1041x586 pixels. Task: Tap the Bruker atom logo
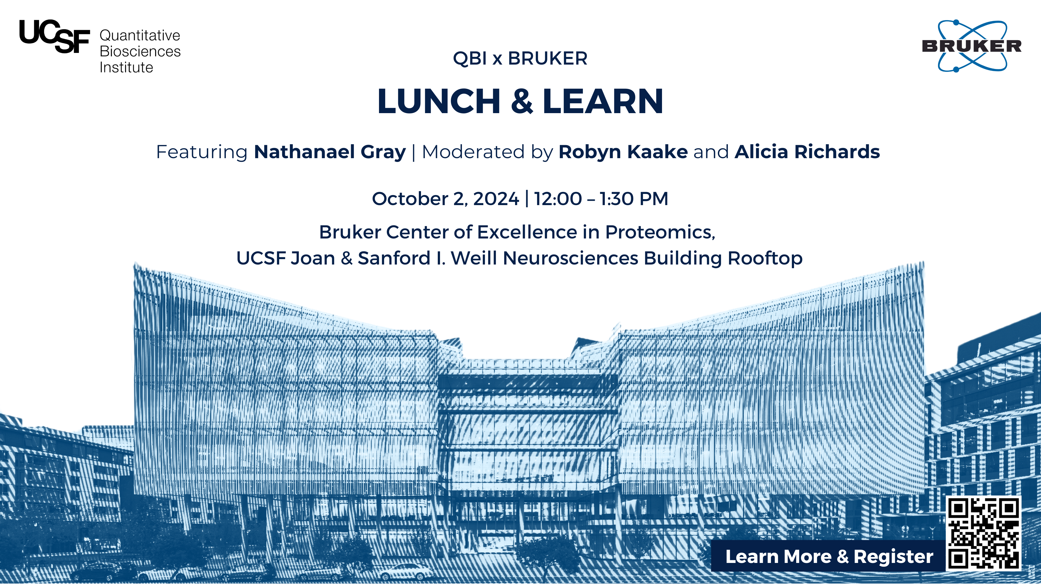(972, 46)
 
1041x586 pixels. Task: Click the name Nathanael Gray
(330, 152)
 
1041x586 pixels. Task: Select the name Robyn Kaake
(623, 152)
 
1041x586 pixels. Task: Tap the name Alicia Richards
(807, 152)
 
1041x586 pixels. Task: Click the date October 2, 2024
(445, 199)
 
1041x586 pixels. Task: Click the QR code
(984, 533)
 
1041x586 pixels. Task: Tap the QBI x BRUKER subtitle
(520, 59)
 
